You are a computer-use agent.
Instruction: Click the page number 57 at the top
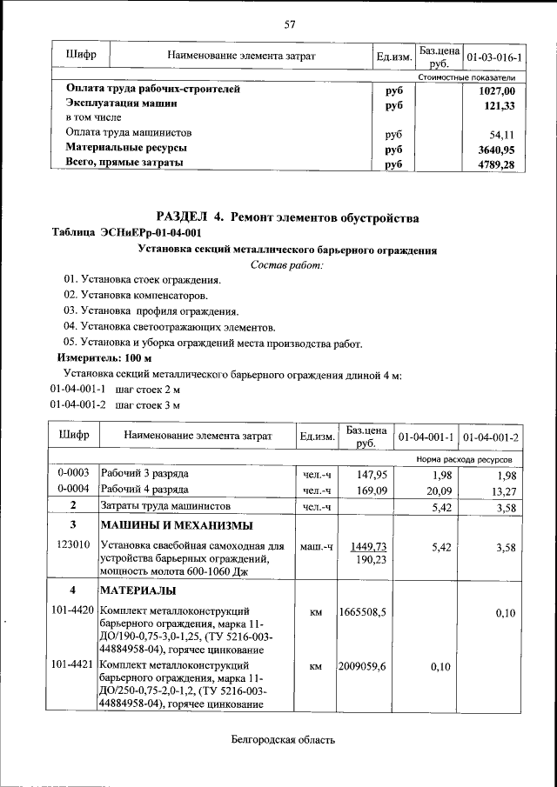point(290,23)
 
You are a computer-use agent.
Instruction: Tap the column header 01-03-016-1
point(494,57)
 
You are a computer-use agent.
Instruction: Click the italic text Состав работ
point(286,264)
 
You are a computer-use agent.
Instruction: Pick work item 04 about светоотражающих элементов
point(170,327)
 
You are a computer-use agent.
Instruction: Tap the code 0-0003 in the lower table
point(74,474)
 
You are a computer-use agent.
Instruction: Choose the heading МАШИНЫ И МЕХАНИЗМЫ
point(177,526)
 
